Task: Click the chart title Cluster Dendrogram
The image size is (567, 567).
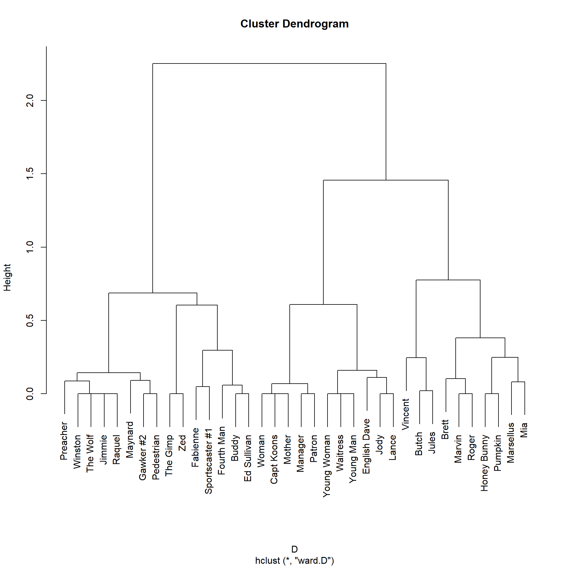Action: coord(294,24)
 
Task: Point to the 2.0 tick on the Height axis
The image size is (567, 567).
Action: coord(30,100)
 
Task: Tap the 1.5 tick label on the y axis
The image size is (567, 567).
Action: coord(30,174)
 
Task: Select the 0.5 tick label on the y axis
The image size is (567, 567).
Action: coord(30,320)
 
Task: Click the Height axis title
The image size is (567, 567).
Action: coord(7,278)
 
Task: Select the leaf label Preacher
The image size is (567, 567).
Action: coord(64,441)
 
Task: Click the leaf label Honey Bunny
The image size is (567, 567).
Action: coord(485,463)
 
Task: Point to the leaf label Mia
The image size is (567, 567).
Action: coord(524,430)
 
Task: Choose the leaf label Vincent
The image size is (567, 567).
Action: coord(405,414)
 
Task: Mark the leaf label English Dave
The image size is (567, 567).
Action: coord(366,446)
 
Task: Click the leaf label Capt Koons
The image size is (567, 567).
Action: coord(274,459)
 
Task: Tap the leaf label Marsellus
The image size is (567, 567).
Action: coord(511,443)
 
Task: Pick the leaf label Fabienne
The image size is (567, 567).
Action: coord(195,447)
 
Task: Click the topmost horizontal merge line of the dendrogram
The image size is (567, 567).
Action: coord(269,63)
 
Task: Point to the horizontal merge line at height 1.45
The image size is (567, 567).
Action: coord(386,180)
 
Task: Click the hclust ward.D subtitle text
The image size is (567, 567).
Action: coord(294,561)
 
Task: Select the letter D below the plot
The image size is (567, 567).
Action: coord(294,549)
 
